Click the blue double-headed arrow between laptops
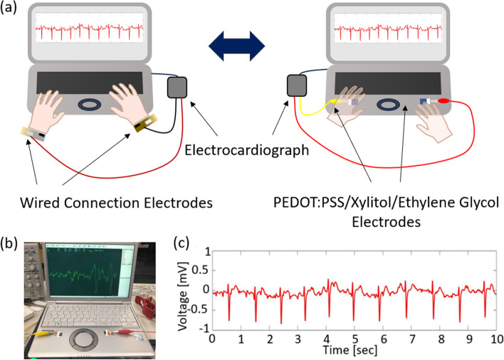(x=236, y=47)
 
